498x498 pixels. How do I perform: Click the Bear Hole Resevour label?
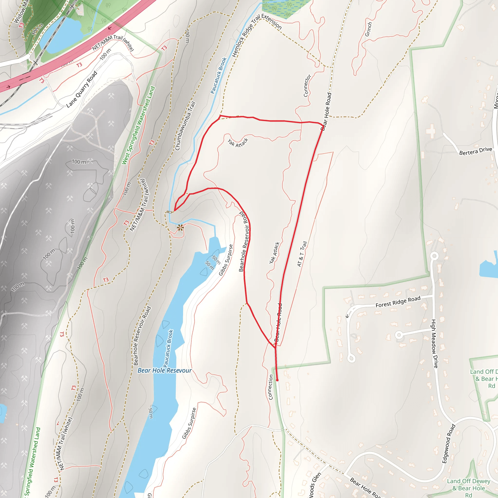(x=164, y=370)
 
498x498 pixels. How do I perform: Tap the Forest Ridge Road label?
(x=398, y=302)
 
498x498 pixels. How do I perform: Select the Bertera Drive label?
(x=476, y=151)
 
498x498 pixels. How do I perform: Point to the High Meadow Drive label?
(x=434, y=344)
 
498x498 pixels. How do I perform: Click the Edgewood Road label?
(x=449, y=443)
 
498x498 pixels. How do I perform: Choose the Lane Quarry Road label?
(x=82, y=89)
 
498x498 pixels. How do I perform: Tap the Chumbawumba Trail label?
(x=185, y=126)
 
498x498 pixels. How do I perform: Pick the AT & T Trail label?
(x=302, y=254)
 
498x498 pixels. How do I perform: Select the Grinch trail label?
(x=368, y=29)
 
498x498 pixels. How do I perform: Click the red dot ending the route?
(x=277, y=380)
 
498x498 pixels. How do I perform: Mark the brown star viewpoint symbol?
(x=180, y=228)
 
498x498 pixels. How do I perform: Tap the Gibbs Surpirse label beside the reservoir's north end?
(x=226, y=260)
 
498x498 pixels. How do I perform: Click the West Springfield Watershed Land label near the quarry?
(x=138, y=125)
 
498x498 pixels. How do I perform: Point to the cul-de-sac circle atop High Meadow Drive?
(x=435, y=256)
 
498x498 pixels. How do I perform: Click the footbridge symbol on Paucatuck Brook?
(x=169, y=212)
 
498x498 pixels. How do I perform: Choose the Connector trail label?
(x=307, y=86)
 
